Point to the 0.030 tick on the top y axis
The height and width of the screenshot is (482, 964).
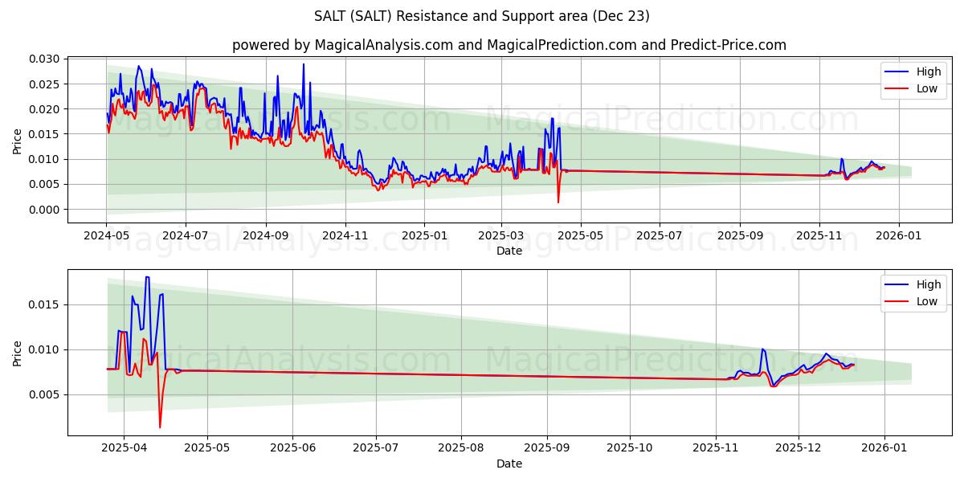(x=44, y=59)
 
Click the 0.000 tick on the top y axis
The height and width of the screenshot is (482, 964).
(x=44, y=210)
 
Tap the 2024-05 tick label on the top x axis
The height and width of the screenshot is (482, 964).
(x=106, y=236)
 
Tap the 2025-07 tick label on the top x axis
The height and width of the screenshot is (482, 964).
(x=659, y=236)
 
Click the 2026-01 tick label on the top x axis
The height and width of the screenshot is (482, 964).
(x=897, y=236)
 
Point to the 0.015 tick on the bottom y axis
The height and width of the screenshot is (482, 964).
(x=44, y=304)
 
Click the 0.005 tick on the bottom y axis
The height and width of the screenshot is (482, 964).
(x=44, y=394)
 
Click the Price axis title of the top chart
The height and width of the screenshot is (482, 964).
(x=18, y=141)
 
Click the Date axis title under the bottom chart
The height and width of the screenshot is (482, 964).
(x=509, y=464)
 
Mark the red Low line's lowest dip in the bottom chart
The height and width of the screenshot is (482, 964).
(x=160, y=427)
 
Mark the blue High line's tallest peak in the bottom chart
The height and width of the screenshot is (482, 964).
(x=147, y=277)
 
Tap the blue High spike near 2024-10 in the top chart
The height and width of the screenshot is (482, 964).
(x=304, y=64)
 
